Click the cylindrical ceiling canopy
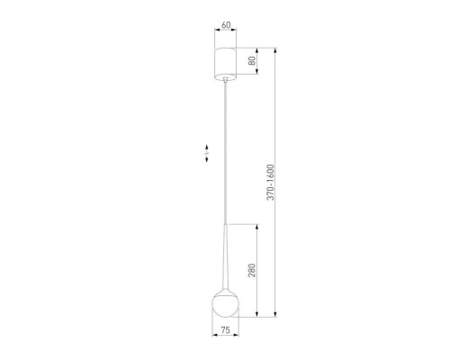(226, 63)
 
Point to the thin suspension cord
(225, 153)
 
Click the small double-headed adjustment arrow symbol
(206, 153)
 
